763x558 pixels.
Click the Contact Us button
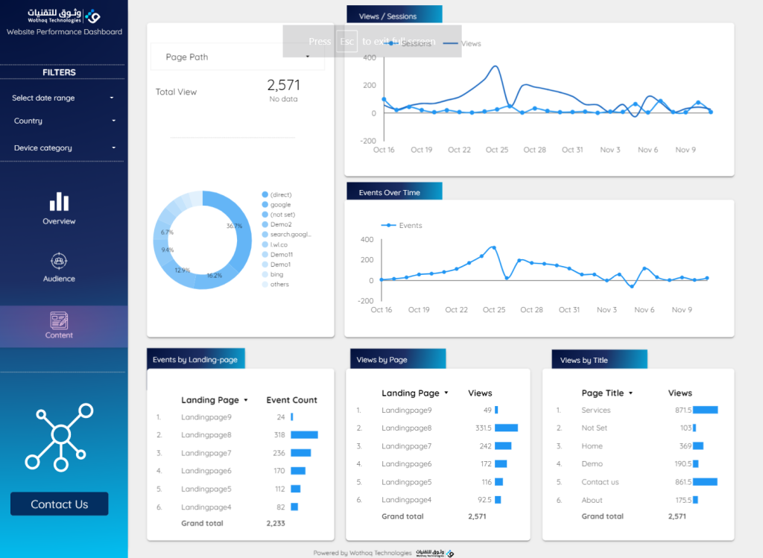[x=59, y=504]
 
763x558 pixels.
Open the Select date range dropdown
[x=63, y=98]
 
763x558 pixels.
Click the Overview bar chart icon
[x=59, y=202]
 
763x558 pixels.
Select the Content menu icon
[x=59, y=320]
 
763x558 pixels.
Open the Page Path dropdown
[x=238, y=57]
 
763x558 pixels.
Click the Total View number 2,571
[x=283, y=85]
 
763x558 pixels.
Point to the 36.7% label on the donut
[x=234, y=226]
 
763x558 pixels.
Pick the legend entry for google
[x=280, y=204]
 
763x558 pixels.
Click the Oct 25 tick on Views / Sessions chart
[x=497, y=150]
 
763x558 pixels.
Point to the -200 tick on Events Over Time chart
[x=366, y=301]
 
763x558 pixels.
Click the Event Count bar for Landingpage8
[x=304, y=435]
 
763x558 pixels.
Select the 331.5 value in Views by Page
[x=483, y=428]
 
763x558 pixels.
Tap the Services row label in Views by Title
[x=595, y=410]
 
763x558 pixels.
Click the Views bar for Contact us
[x=705, y=482]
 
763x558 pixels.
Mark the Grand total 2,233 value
[x=276, y=524]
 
